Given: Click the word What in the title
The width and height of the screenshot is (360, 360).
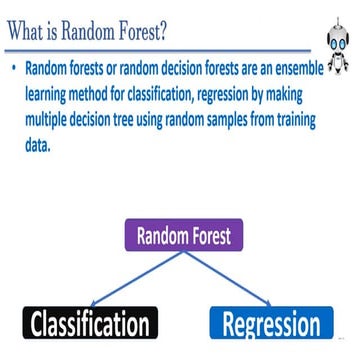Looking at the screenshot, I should [x=31, y=32].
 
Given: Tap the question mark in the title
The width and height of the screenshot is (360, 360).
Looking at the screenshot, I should [x=161, y=32].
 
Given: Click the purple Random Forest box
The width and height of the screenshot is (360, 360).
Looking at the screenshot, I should [x=183, y=236].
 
